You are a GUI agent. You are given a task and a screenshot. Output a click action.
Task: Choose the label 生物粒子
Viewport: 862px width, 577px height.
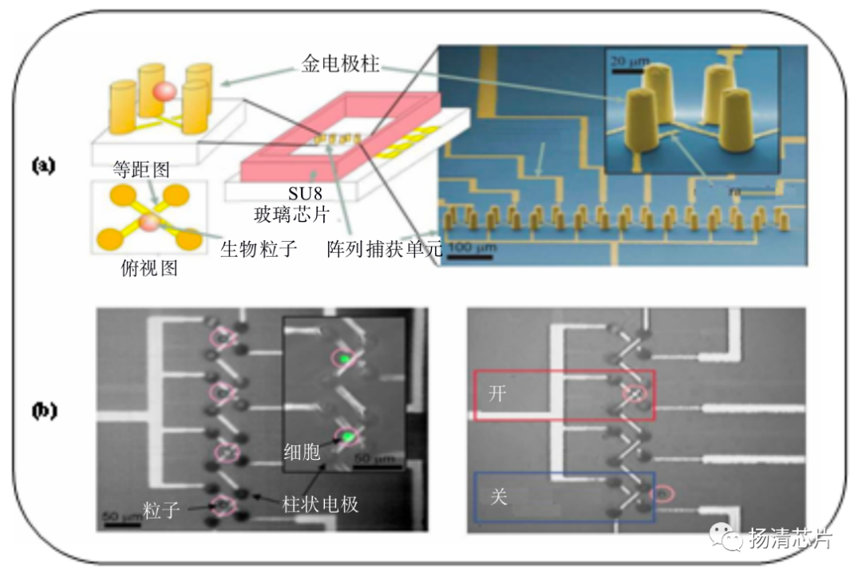click(258, 248)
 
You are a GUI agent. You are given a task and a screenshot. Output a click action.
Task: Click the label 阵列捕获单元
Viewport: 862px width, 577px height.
click(384, 248)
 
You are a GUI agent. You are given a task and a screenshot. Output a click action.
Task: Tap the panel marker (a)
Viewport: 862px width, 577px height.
click(42, 165)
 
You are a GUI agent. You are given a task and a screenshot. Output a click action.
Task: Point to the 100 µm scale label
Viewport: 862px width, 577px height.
click(470, 248)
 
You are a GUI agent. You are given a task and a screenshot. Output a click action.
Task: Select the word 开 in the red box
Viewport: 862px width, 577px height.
click(496, 394)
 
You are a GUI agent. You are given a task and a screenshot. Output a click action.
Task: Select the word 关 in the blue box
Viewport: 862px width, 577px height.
click(497, 496)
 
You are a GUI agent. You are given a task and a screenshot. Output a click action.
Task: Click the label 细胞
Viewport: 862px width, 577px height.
click(302, 452)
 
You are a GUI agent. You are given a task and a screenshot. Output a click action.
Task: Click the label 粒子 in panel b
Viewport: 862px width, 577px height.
click(161, 510)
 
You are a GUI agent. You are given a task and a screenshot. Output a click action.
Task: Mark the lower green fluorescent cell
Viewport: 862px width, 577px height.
click(348, 437)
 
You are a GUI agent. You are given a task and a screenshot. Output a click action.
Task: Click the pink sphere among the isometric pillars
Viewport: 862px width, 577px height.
click(163, 91)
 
